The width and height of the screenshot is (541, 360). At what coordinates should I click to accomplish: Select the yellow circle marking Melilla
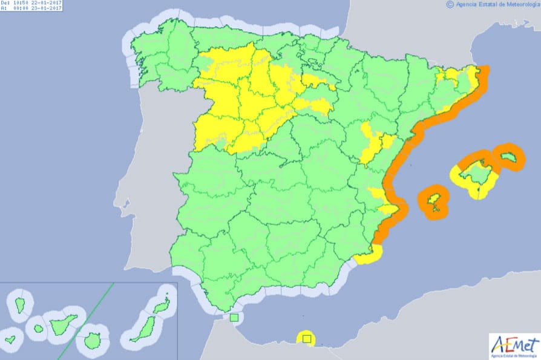pos(306,339)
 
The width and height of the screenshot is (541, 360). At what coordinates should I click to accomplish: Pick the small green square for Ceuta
pos(234,317)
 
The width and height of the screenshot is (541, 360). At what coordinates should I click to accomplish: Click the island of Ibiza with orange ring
pos(434,201)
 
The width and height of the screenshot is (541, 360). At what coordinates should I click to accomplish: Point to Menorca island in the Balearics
pos(507,157)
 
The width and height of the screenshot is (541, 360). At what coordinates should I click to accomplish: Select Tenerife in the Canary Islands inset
pos(62,325)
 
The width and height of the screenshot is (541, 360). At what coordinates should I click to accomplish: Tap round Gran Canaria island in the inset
pos(93,341)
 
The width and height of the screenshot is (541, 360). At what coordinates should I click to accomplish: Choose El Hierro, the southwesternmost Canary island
pos(10,339)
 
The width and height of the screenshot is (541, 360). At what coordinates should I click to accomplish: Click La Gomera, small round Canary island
pos(38,329)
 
